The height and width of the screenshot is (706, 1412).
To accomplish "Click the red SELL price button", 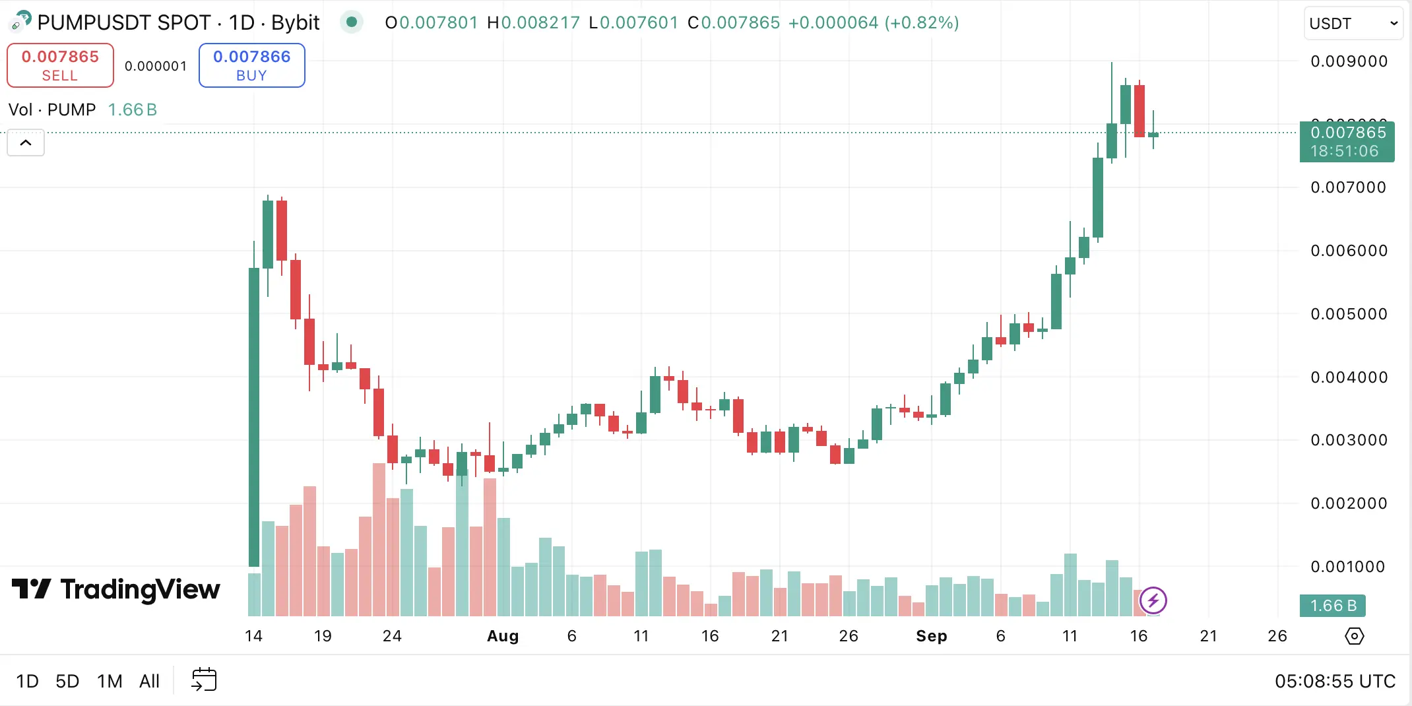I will (60, 65).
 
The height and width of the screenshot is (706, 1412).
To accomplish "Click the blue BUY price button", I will (251, 65).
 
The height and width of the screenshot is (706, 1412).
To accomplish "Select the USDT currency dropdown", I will (1353, 24).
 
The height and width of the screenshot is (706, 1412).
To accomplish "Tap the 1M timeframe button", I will (110, 681).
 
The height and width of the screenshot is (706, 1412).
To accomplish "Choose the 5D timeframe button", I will (67, 681).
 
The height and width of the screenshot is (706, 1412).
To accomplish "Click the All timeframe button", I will (149, 681).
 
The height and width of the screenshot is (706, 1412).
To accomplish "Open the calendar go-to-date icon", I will (204, 680).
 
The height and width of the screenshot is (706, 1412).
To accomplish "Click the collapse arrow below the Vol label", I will (26, 143).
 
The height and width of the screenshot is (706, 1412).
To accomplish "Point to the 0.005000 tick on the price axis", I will (1349, 314).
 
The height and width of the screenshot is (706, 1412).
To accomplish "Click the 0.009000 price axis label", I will (1349, 61).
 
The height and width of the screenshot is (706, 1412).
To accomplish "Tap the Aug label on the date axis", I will (503, 636).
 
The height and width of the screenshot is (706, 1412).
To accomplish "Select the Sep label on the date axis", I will (931, 636).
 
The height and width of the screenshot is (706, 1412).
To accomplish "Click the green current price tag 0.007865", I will (1347, 141).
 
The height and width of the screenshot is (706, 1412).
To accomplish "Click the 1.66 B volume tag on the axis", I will (1332, 606).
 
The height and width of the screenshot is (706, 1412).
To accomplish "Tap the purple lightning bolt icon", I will (1153, 600).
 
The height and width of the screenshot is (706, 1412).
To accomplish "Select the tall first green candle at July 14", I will (254, 416).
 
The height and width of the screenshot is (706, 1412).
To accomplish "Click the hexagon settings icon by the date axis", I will (1354, 636).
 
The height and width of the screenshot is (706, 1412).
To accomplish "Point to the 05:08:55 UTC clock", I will (1334, 681).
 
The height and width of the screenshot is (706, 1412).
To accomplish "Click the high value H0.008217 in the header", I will (533, 23).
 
